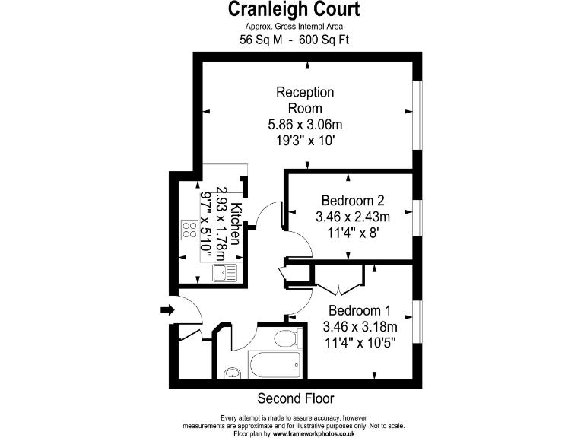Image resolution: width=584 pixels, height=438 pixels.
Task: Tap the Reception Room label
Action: point(305,100)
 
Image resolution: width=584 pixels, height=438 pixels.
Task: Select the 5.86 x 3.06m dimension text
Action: point(305,124)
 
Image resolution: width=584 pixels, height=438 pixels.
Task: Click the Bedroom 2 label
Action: point(352,201)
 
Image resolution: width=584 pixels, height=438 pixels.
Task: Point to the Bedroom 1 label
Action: point(360,310)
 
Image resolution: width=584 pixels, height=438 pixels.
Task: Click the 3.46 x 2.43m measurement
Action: point(352,217)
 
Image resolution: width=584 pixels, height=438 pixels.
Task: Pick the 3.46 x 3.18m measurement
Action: point(360,327)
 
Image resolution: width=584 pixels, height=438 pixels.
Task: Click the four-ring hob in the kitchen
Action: point(189,230)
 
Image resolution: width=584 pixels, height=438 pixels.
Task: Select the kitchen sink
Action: point(225,272)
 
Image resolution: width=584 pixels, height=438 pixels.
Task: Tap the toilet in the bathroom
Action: point(285,338)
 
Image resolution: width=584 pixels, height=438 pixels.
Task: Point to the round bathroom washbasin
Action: point(231,373)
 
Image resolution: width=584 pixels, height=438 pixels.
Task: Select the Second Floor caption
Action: point(296,398)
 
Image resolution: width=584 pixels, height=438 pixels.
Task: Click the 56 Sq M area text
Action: point(259,41)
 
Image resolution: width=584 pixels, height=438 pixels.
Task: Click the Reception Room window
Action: point(416,114)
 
